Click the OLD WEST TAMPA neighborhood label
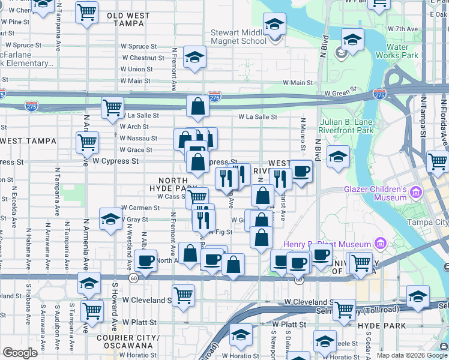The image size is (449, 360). tap(129, 19)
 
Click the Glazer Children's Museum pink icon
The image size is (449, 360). tap(417, 193)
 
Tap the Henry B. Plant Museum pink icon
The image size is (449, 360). tap(379, 244)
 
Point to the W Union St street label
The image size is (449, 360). tap(136, 70)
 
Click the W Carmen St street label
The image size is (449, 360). tap(140, 208)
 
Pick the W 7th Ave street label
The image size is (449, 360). tap(402, 28)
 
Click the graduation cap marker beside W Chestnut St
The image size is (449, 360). tap(194, 57)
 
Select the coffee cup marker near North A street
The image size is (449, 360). tap(145, 260)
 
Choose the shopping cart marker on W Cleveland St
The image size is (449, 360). tap(183, 295)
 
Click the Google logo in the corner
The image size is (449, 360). tap(20, 353)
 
